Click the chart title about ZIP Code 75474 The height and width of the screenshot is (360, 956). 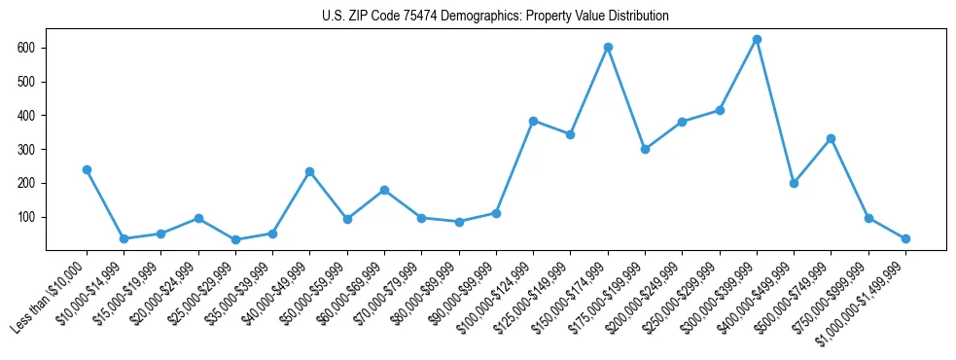tap(495, 16)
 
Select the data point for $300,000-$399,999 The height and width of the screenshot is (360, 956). tap(757, 40)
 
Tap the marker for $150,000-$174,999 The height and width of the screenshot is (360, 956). tap(608, 47)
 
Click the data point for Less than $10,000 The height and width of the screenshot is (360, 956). tap(87, 169)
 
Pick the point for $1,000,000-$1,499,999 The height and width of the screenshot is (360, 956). tap(905, 238)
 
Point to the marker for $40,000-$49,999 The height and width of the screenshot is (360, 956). tap(309, 172)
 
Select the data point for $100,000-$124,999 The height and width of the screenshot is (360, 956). tap(533, 121)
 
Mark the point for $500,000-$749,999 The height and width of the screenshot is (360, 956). tap(831, 138)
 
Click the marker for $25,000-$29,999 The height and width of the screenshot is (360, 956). tap(235, 239)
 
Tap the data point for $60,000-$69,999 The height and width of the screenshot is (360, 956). tap(384, 190)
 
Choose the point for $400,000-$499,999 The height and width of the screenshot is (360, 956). tap(794, 183)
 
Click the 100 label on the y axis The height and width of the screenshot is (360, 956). tap(28, 217)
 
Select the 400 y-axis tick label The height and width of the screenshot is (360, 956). tap(28, 116)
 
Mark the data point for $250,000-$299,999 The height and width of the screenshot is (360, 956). tap(720, 110)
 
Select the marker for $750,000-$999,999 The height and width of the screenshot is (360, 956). tap(868, 218)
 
